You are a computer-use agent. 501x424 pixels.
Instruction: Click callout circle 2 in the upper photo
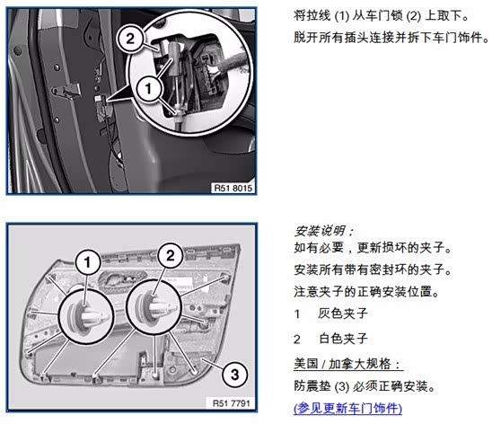[130, 39]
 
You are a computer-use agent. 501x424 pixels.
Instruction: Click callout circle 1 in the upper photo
[148, 88]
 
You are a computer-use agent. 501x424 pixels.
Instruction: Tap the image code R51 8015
[233, 188]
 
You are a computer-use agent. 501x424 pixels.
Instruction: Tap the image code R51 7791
[231, 403]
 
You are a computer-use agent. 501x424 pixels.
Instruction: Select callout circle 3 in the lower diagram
[235, 375]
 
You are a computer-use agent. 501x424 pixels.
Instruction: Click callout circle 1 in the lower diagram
[88, 262]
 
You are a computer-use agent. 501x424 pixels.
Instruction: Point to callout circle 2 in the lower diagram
[171, 255]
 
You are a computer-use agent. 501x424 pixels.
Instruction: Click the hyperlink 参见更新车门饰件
[347, 409]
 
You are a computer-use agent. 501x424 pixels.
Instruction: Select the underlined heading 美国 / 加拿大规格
[347, 364]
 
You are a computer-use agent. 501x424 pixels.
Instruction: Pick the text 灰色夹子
[343, 314]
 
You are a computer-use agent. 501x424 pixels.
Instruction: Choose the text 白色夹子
[344, 339]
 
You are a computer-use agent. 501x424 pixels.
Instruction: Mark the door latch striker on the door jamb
[67, 91]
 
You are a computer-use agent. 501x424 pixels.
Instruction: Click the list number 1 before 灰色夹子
[297, 314]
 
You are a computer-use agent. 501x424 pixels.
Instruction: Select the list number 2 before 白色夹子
[297, 339]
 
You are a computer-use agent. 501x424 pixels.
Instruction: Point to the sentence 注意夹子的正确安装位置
[366, 292]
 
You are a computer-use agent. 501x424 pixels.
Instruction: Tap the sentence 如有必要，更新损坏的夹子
[373, 247]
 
